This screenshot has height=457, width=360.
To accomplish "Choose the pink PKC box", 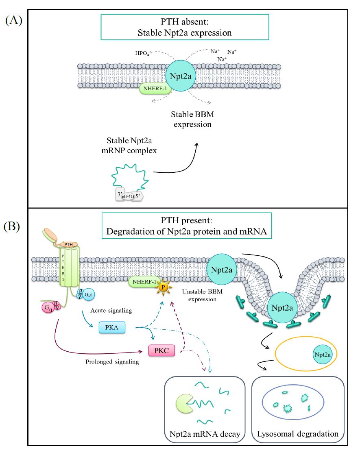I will pos(162,349).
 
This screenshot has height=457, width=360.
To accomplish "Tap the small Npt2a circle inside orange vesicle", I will pos(323,355).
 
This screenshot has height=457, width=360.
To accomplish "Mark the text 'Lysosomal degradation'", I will pos(297,434).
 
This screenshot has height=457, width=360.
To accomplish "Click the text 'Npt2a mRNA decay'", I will pos(205,434).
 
